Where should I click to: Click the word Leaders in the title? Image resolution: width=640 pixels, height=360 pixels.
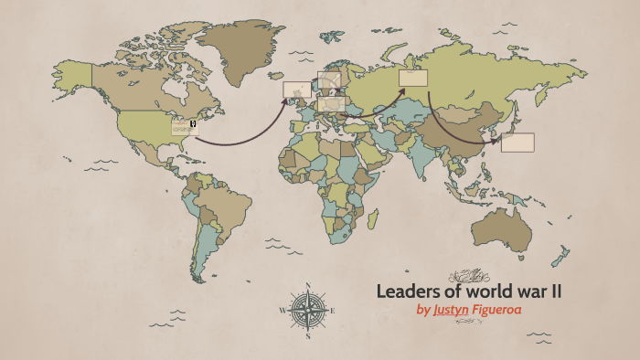(408, 292)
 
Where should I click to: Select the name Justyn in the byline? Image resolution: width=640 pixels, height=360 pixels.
(452, 310)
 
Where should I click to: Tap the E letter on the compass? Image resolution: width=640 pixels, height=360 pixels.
(332, 311)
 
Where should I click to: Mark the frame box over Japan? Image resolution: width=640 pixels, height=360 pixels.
(517, 143)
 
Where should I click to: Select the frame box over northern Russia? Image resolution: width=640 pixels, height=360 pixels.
(413, 79)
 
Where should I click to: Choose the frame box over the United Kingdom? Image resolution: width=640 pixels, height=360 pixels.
(295, 90)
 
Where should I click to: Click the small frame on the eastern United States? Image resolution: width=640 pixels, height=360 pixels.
(186, 127)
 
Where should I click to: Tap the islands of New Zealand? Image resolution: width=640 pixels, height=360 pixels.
(561, 255)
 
